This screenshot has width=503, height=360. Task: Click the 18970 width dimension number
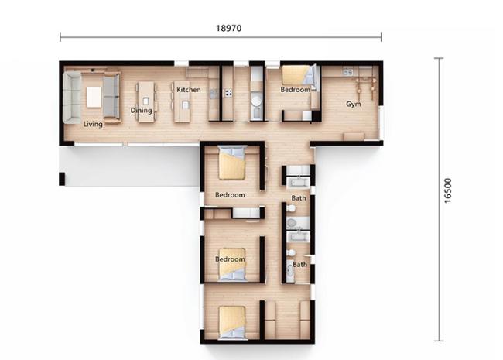229,28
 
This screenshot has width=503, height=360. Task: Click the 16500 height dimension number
448,190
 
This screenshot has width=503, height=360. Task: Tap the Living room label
93,124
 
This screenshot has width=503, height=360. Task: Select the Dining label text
141,111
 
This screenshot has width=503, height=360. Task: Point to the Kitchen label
189,90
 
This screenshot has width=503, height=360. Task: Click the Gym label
353,104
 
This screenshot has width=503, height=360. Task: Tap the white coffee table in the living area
94,98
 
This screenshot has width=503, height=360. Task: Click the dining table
145,101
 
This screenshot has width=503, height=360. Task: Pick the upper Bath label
299,198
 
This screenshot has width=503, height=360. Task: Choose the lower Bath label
300,264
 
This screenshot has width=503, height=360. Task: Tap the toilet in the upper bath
291,208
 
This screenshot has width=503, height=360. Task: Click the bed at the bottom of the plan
232,323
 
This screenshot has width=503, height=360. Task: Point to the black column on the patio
62,179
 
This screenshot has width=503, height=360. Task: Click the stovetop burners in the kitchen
229,93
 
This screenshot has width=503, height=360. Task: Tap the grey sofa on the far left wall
72,98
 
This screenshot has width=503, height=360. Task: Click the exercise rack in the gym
365,84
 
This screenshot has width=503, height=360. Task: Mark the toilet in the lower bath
291,253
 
